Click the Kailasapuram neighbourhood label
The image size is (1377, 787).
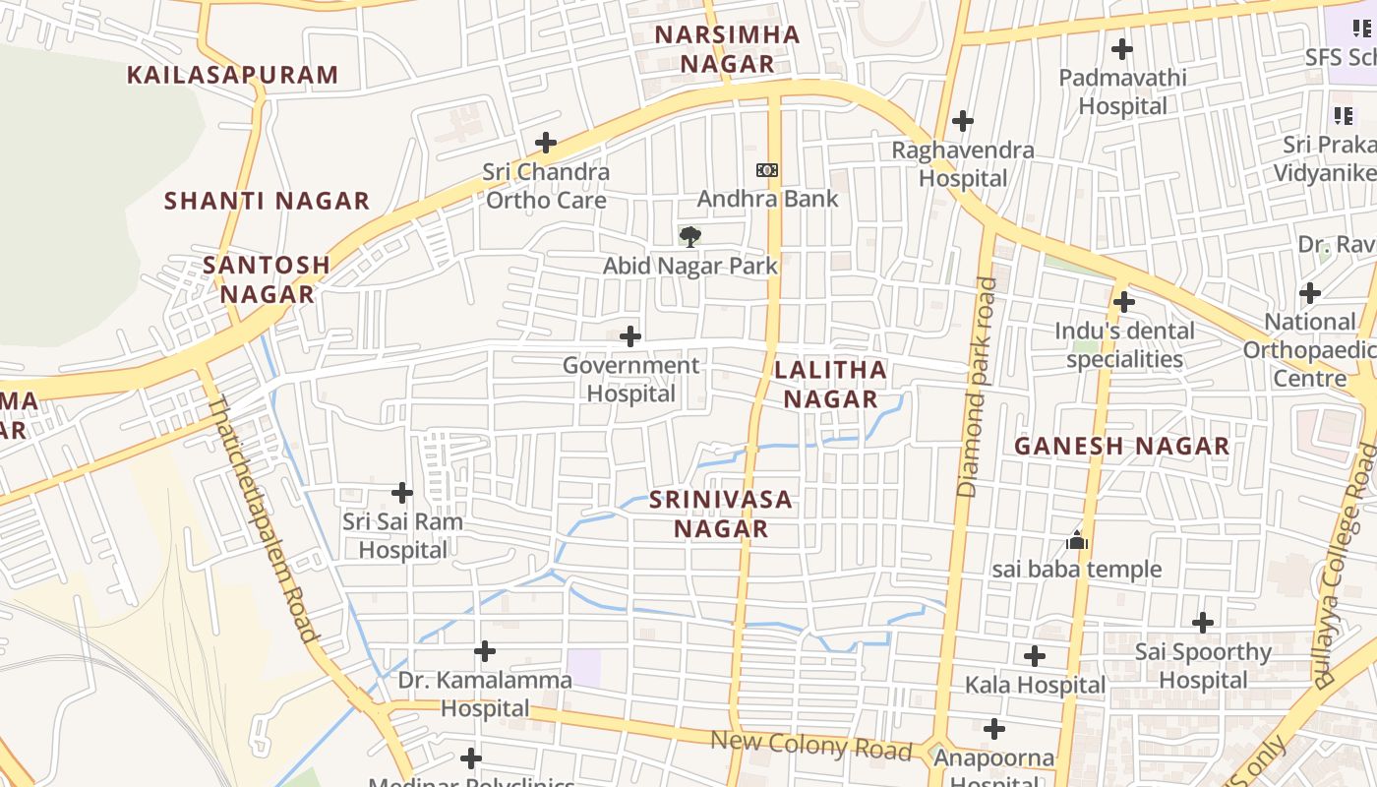pos(232,75)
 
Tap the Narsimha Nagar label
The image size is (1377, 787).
pos(728,49)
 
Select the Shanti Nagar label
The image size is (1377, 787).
pos(267,201)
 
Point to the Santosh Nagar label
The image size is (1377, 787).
pos(267,278)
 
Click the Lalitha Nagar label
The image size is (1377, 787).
pos(830,384)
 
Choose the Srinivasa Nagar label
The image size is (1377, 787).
pos(721,514)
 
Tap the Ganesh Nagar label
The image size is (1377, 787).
pos(1121,446)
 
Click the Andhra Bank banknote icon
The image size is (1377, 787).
pos(767,170)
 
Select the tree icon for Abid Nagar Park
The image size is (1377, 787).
pos(690,236)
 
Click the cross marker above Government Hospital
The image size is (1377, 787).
pos(630,336)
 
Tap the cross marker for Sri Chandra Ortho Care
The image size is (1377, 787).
pos(546,143)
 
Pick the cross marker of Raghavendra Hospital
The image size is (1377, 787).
pos(963,121)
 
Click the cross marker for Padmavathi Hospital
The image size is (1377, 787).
pos(1121,48)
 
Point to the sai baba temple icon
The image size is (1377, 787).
pos(1077,541)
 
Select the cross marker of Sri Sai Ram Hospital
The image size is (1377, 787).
pos(402,492)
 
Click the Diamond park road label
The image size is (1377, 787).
pos(976,387)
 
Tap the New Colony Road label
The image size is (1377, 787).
pos(811,745)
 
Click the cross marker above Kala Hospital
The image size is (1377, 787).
pos(1035,655)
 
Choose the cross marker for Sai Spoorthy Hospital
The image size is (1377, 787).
pos(1203,623)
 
